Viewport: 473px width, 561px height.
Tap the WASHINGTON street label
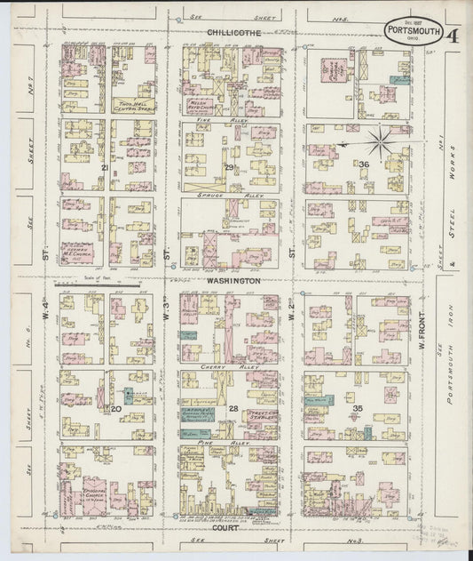[x=233, y=280]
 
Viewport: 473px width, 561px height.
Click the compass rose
[x=379, y=141]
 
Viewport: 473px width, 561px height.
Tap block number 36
[x=363, y=165]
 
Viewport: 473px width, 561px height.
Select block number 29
[x=228, y=167]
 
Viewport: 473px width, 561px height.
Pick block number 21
[x=105, y=167]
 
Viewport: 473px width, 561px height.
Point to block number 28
[x=233, y=408]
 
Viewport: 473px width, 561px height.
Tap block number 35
[x=358, y=408]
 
